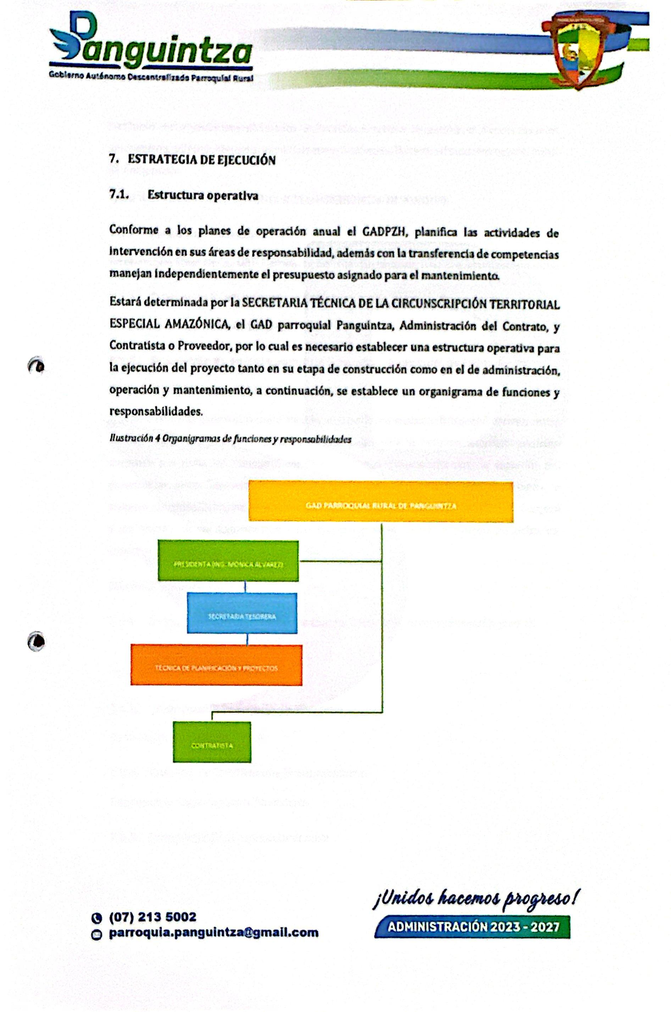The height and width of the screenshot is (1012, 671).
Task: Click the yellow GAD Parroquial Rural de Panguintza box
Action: coord(381,502)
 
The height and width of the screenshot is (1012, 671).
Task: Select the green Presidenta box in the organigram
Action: coord(228,561)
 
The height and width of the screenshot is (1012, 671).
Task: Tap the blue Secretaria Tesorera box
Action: coord(242,613)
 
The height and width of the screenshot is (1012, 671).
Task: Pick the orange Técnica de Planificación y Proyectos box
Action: coord(216,665)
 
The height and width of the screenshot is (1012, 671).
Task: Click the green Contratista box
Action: coord(212,742)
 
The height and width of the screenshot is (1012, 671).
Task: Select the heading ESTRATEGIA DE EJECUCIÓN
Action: coord(201,160)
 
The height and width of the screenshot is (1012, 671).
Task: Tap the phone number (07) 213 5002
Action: coord(153,917)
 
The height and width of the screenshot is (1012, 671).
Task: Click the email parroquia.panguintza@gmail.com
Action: coord(213,933)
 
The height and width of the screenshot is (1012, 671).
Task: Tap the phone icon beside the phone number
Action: coord(97,918)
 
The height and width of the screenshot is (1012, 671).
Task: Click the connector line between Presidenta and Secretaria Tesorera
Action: coord(245,587)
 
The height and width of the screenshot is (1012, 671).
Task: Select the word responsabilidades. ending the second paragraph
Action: coord(156,411)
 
